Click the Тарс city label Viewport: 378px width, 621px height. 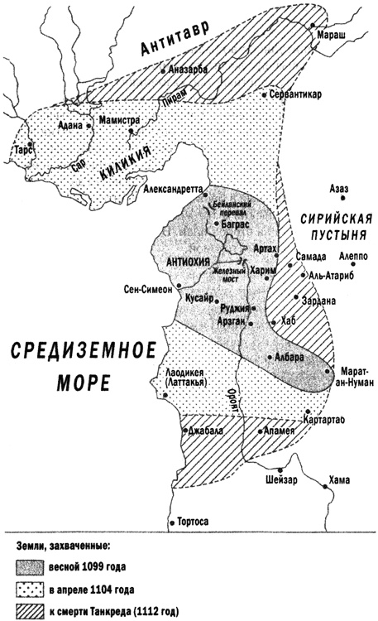[x=22, y=150]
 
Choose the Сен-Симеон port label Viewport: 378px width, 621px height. [x=147, y=290]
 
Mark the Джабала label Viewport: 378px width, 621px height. [x=203, y=431]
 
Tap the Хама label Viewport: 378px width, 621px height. [x=339, y=479]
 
